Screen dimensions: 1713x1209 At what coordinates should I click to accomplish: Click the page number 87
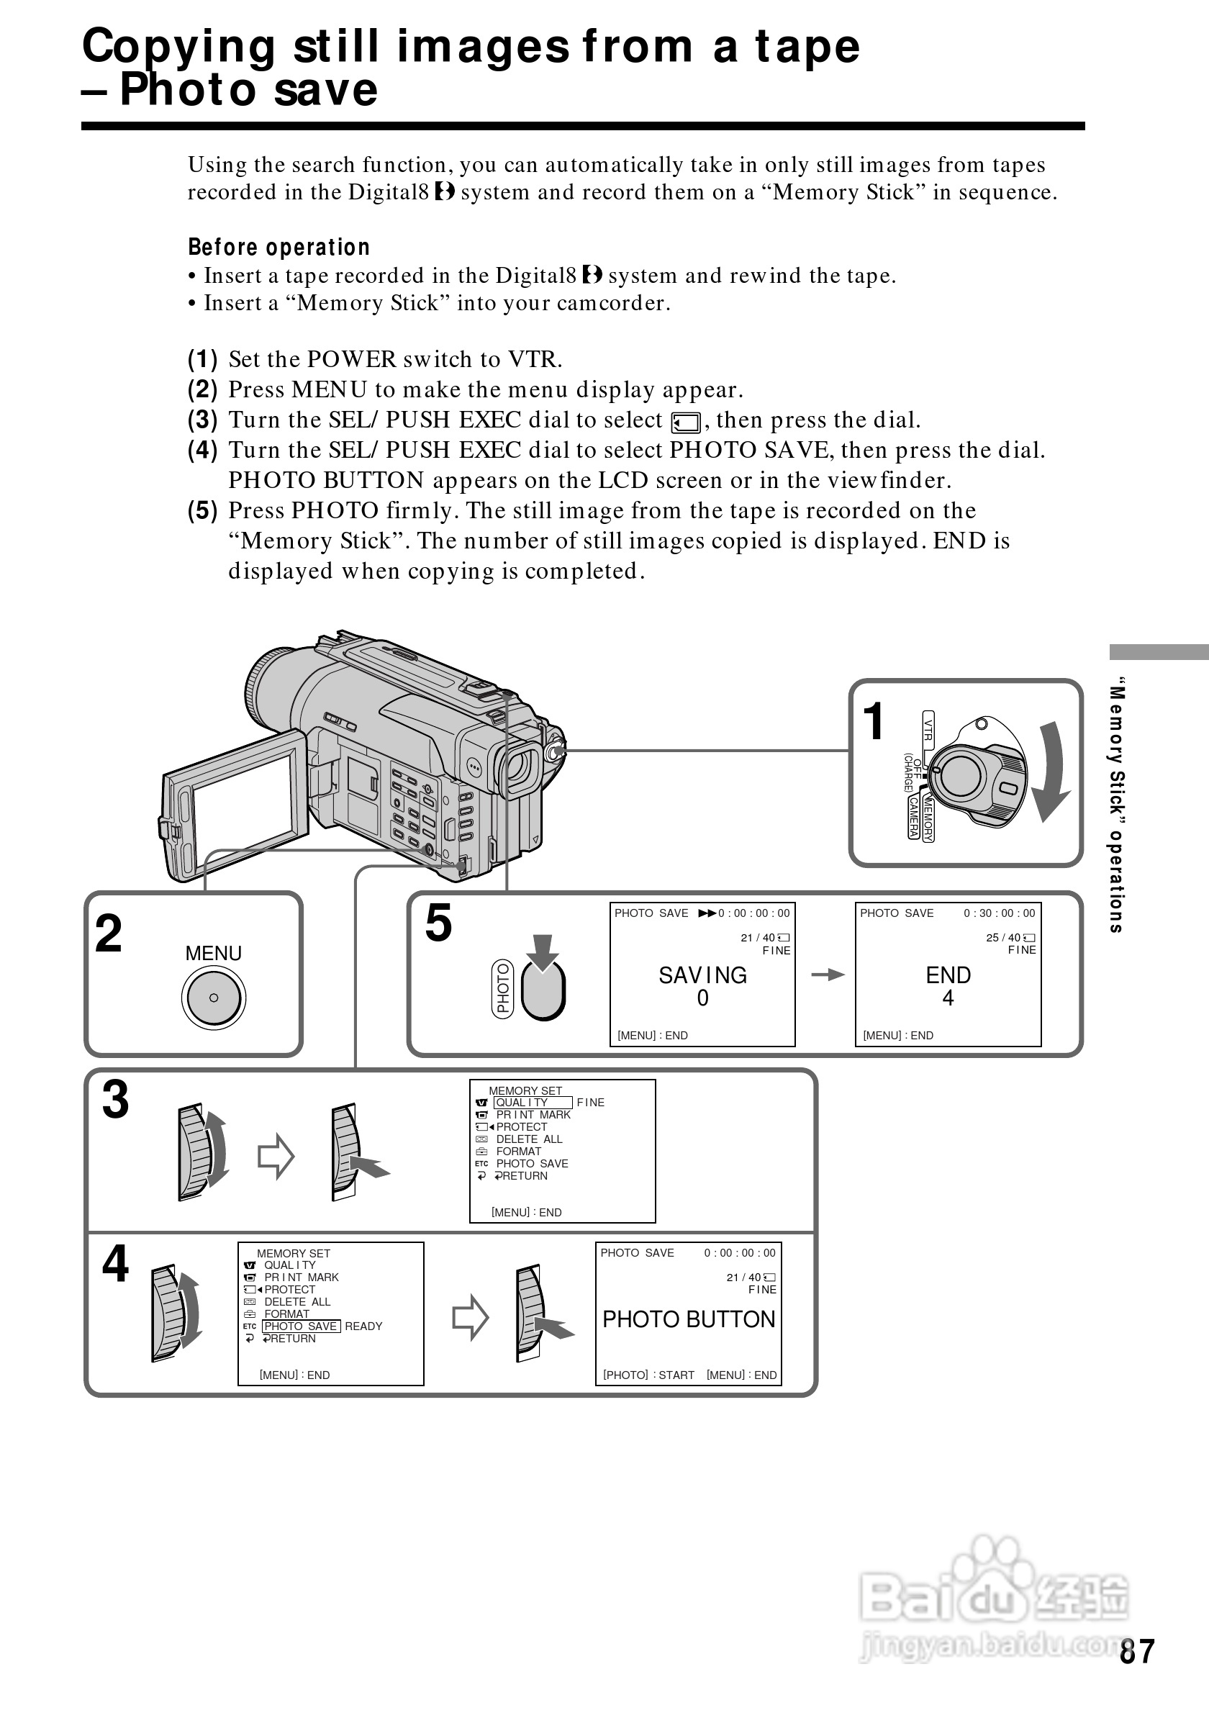coord(1136,1652)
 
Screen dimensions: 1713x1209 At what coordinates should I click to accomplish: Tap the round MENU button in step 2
coord(213,998)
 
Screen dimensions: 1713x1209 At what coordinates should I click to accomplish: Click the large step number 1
coord(873,721)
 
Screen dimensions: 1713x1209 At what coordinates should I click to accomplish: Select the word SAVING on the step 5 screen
coord(702,975)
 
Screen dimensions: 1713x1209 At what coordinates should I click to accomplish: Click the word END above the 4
coord(948,975)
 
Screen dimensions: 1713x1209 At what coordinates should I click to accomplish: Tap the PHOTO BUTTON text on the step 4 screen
coord(689,1319)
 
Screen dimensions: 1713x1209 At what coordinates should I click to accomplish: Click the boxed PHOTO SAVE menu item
coord(301,1326)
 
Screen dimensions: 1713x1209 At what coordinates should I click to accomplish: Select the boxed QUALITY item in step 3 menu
coord(533,1103)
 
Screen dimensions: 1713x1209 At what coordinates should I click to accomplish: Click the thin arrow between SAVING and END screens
coord(826,975)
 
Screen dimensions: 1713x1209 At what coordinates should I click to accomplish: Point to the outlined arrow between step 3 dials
coord(276,1157)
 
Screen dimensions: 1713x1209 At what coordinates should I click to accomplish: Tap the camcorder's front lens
coord(519,770)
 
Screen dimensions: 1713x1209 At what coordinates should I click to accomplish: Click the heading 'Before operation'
coord(279,247)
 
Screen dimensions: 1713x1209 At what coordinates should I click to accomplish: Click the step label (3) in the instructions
coord(202,420)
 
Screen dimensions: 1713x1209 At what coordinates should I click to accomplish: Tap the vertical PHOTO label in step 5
coord(504,987)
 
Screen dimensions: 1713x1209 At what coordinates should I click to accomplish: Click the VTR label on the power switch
coord(928,728)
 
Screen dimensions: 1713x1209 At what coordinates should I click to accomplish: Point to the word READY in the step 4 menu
coord(363,1326)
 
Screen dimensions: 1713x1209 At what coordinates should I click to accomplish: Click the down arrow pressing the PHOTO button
coord(544,952)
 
